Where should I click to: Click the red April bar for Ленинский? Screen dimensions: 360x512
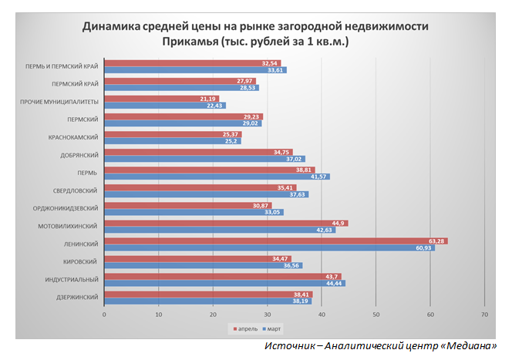pos(270,241)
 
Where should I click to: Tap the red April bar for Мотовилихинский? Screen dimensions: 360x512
pos(224,223)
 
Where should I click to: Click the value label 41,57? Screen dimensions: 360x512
pos(319,177)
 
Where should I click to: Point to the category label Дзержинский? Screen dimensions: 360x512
pos(76,298)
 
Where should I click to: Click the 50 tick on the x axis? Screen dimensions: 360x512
pos(376,315)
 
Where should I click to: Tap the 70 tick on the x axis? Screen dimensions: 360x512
pos(484,315)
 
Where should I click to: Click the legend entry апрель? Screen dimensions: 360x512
pos(248,329)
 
